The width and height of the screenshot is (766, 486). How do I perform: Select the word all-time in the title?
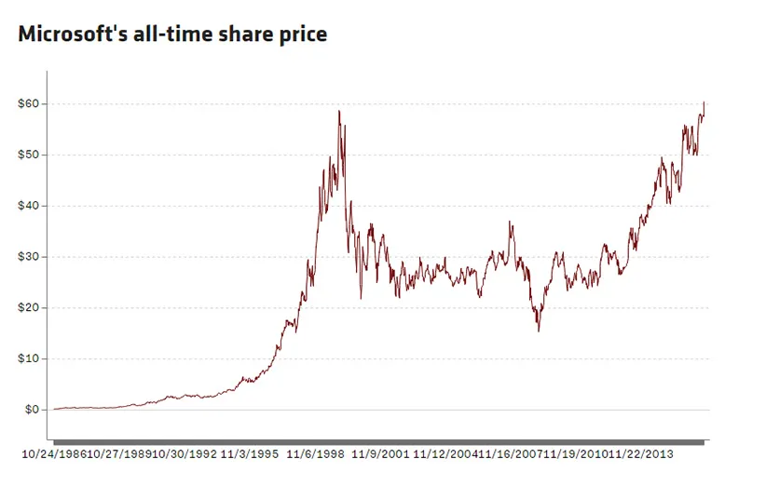[174, 35]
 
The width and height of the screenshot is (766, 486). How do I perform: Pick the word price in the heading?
[307, 35]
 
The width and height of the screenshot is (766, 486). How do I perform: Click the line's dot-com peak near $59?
[338, 111]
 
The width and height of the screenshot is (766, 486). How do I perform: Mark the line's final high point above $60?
[704, 102]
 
